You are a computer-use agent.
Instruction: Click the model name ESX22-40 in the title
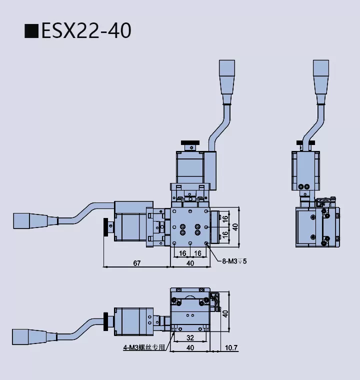(x=86, y=30)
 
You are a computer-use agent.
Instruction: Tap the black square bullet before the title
(x=31, y=31)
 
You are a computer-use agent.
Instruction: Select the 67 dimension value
(x=136, y=263)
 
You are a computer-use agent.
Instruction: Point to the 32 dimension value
(x=190, y=337)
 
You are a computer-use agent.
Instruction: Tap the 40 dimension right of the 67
(x=190, y=263)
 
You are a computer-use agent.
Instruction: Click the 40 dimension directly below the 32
(x=190, y=347)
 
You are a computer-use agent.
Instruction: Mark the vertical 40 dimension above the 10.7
(x=225, y=313)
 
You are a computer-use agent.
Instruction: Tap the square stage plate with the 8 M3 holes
(x=190, y=227)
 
